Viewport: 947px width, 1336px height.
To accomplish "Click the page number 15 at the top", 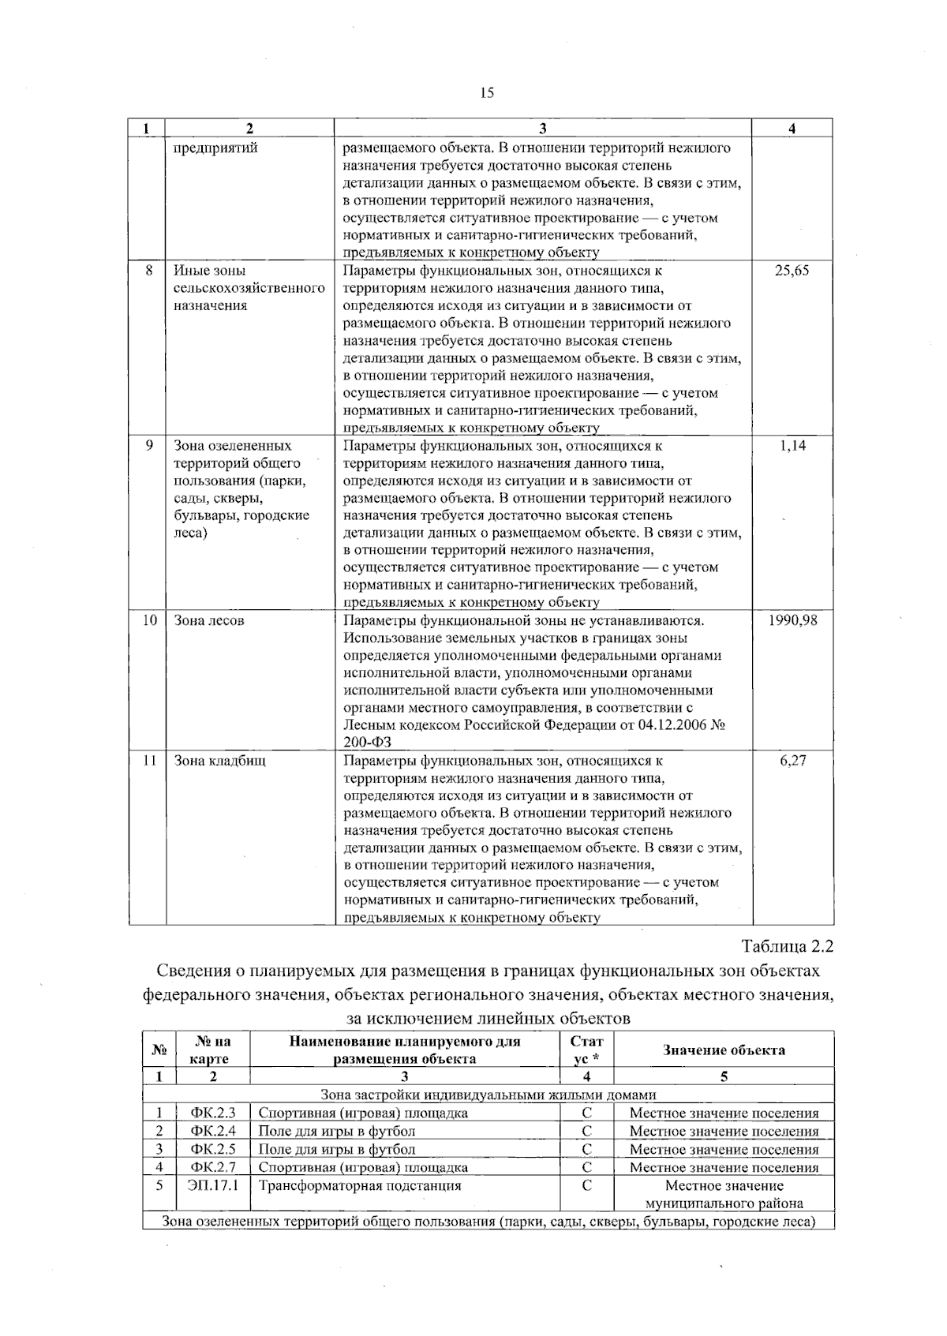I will tap(486, 93).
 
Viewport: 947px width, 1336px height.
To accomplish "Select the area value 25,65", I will tap(792, 271).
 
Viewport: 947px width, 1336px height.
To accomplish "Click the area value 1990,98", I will tap(792, 620).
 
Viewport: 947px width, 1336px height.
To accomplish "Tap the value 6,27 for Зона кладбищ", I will tap(792, 761).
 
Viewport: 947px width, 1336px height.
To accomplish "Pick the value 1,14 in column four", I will tap(792, 446).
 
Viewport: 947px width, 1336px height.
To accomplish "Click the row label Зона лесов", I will tap(209, 620).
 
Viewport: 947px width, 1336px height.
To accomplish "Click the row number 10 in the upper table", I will tap(149, 620).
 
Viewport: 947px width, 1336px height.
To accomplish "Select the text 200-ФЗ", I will tap(368, 743).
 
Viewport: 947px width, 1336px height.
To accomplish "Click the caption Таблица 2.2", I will tap(787, 945).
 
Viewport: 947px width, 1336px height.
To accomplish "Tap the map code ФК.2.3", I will tap(213, 1113).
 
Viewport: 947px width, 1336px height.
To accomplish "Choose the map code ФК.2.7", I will tap(213, 1167).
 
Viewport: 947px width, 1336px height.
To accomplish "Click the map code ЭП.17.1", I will tap(213, 1185).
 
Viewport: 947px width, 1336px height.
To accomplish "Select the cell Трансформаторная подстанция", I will tap(360, 1185).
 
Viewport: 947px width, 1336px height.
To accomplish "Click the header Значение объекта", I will tap(724, 1050).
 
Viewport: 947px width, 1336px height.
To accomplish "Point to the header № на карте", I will tap(213, 1050).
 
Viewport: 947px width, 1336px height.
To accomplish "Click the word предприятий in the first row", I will tap(215, 148).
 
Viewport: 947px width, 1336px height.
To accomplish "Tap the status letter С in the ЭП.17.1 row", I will tap(586, 1185).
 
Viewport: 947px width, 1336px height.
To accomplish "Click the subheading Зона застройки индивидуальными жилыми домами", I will tap(488, 1095).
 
